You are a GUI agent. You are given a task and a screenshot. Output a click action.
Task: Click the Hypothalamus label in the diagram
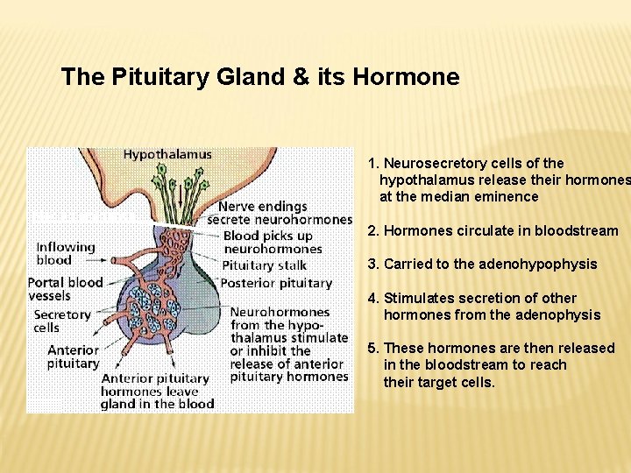[167, 154]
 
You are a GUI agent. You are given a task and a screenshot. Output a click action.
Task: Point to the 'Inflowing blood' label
[66, 253]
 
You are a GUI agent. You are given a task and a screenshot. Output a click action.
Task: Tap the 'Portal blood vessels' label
[65, 289]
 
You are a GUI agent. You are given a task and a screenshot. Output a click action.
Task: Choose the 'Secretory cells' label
[61, 321]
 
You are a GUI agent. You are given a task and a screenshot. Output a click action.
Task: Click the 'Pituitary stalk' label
[264, 265]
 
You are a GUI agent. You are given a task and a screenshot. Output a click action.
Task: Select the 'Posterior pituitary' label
[276, 283]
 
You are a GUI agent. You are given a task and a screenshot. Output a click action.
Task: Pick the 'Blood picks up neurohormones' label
[267, 243]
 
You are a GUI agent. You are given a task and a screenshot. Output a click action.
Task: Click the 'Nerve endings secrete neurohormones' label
[279, 213]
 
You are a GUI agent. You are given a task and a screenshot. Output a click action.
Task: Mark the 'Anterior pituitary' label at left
[73, 357]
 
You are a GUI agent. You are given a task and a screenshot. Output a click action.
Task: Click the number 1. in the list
[374, 163]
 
